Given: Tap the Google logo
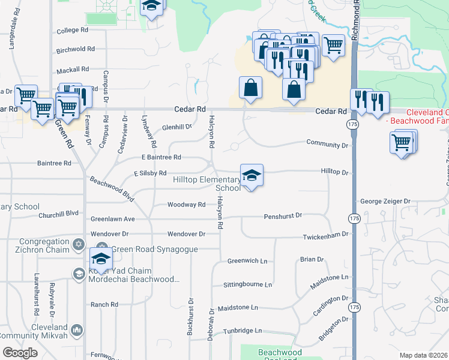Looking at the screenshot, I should (20, 353).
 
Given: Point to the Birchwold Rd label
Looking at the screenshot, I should (76, 49).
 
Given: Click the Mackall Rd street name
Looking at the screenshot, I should (73, 69).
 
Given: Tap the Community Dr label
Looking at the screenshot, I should (327, 145).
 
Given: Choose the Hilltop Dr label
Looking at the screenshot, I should (335, 172).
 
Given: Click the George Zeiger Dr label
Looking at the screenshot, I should (385, 202).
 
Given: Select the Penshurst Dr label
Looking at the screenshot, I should (282, 215).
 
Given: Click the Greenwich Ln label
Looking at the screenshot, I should (247, 261).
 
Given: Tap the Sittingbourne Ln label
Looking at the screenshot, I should (247, 284).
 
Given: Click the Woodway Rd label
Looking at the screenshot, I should (186, 205).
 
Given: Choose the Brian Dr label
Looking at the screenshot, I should (312, 259).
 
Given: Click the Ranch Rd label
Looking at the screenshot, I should (104, 305).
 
